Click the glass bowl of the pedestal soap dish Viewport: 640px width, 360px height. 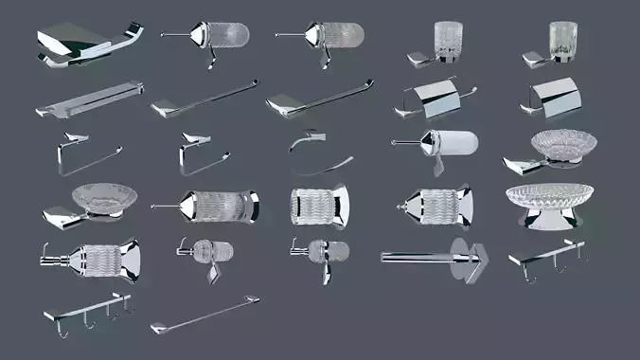click(x=549, y=194)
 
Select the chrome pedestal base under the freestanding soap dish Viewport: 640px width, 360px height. click(x=549, y=220)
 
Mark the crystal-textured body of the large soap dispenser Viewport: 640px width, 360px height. click(x=95, y=257)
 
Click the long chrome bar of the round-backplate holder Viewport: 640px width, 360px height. click(x=417, y=256)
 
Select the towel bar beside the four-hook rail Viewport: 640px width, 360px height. click(x=204, y=315)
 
